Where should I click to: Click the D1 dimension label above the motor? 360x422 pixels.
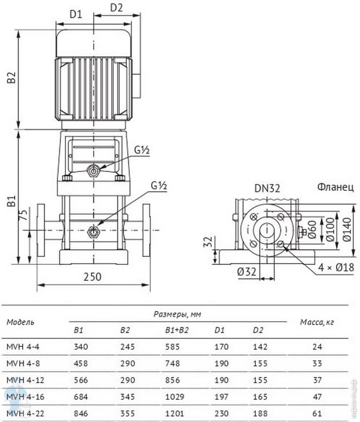(x=76, y=14)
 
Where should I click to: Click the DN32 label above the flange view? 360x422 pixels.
(x=267, y=189)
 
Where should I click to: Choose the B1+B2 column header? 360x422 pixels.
(x=177, y=330)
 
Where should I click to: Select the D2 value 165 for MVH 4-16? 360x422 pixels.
(x=260, y=397)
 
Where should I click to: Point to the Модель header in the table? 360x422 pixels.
(x=20, y=322)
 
